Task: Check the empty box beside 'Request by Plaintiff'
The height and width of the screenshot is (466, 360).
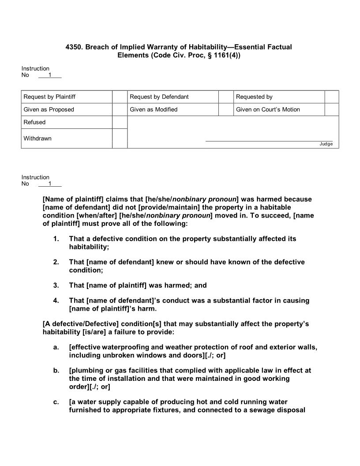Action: pyautogui.click(x=120, y=97)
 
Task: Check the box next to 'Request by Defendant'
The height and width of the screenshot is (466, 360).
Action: pyautogui.click(x=226, y=97)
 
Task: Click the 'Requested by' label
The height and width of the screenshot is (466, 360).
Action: pyautogui.click(x=255, y=97)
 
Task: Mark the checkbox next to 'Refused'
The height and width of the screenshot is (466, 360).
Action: pyautogui.click(x=120, y=122)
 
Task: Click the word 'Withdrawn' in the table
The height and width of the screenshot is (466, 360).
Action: pyautogui.click(x=37, y=139)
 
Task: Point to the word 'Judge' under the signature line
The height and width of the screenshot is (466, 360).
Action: pyautogui.click(x=326, y=144)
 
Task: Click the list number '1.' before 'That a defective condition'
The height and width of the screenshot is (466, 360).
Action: pyautogui.click(x=56, y=239)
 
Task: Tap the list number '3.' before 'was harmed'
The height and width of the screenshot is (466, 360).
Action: pyautogui.click(x=56, y=285)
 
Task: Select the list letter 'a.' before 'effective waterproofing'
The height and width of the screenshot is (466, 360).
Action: pyautogui.click(x=56, y=347)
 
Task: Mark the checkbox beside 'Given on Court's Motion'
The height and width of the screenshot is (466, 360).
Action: pyautogui.click(x=331, y=109)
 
